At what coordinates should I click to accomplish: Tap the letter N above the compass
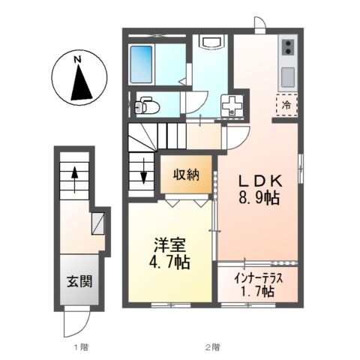[77, 56]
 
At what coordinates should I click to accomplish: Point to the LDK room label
[259, 181]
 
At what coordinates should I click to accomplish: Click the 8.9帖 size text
[259, 199]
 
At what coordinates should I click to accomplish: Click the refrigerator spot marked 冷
[287, 106]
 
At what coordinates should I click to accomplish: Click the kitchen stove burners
[287, 49]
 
